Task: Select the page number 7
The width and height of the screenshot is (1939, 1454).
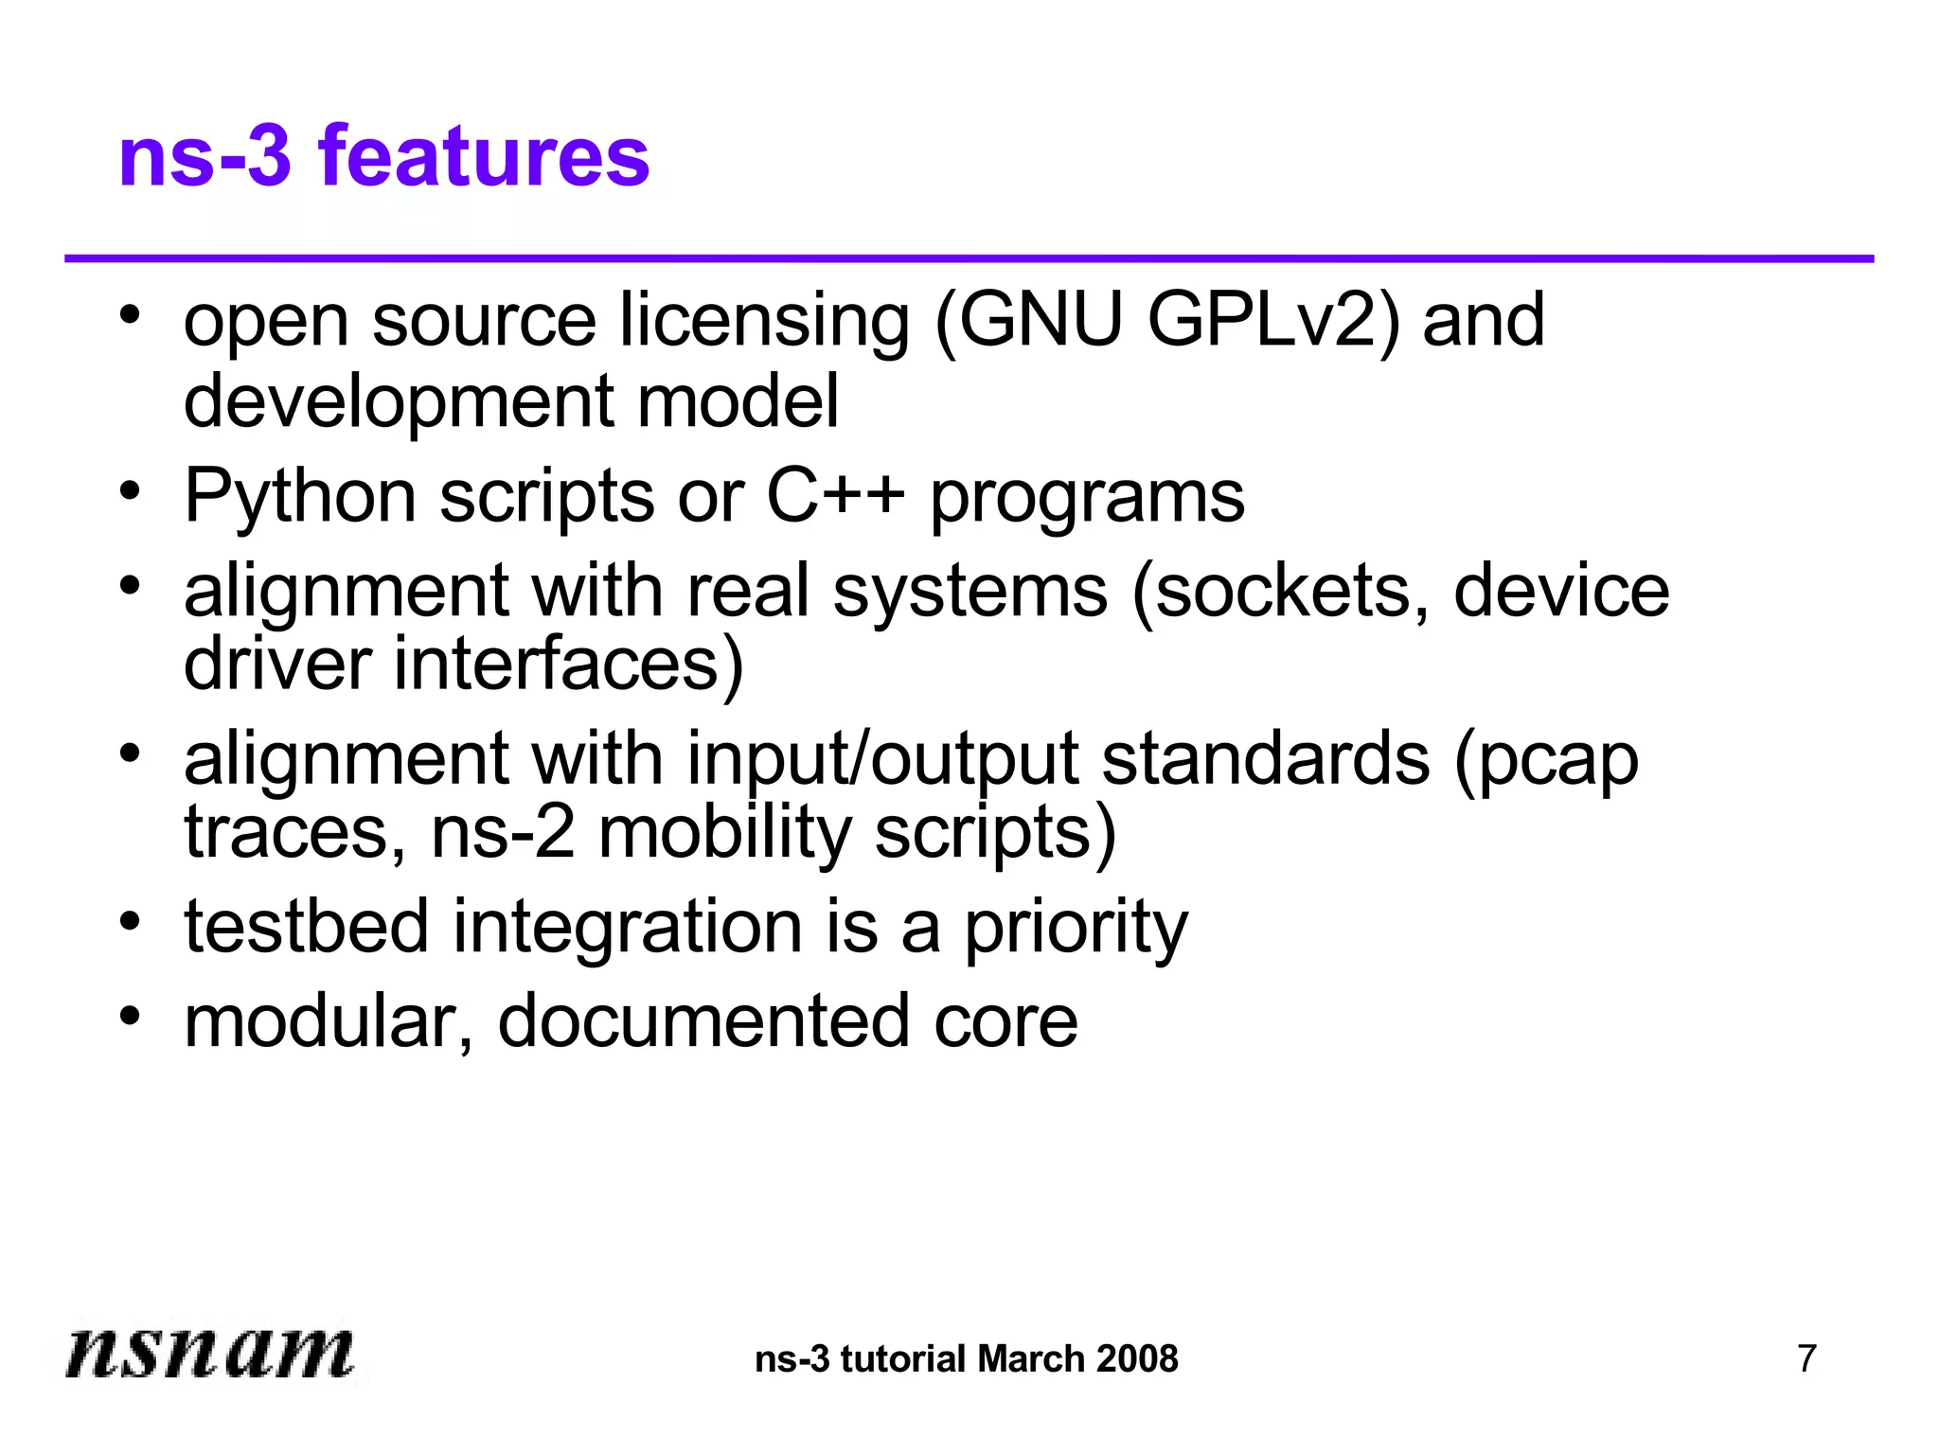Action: coord(1806,1358)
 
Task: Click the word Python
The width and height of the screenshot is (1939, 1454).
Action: coord(299,496)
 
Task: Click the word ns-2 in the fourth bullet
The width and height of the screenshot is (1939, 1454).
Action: coord(502,833)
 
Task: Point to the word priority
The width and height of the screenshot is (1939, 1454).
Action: coord(1076,928)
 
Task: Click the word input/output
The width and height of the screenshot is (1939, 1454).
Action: coord(882,761)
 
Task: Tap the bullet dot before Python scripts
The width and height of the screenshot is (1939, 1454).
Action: coord(131,490)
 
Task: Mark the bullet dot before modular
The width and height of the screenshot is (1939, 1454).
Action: coord(131,1015)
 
